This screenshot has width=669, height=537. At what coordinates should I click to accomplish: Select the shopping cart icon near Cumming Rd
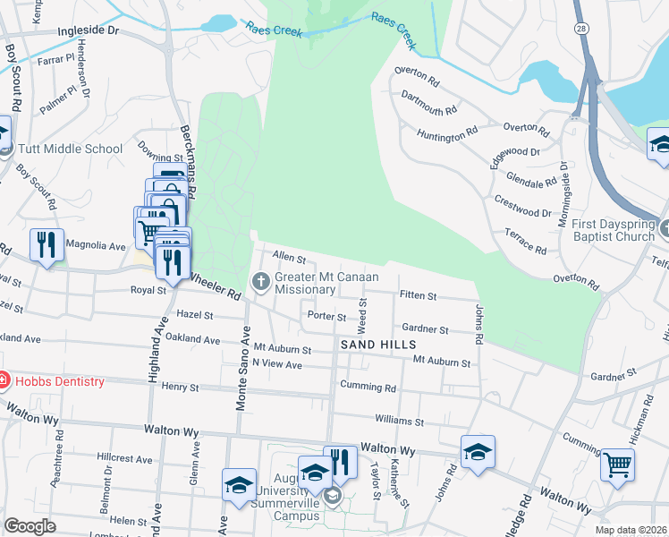[x=617, y=465]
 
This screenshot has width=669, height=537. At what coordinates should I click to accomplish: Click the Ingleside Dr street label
[x=88, y=30]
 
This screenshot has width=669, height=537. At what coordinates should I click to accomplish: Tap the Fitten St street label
[x=418, y=295]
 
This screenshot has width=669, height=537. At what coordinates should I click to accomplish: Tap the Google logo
[x=30, y=526]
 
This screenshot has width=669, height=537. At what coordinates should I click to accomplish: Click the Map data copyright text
[x=631, y=530]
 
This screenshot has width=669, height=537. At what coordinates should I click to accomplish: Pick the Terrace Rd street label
[x=525, y=242]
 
